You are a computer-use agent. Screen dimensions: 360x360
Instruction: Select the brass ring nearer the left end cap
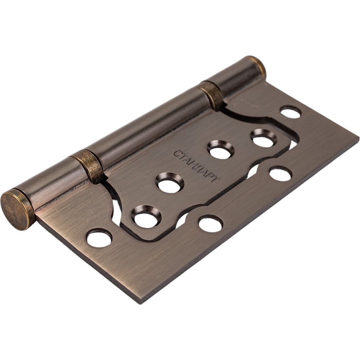pos(87,166)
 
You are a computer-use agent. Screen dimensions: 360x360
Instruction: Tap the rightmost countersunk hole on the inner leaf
pos(264,138)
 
